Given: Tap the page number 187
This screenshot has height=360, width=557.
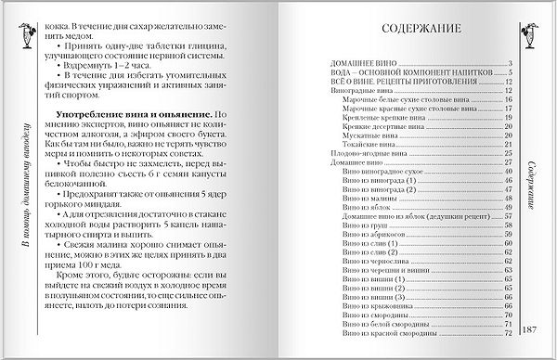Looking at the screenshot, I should (x=532, y=331).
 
